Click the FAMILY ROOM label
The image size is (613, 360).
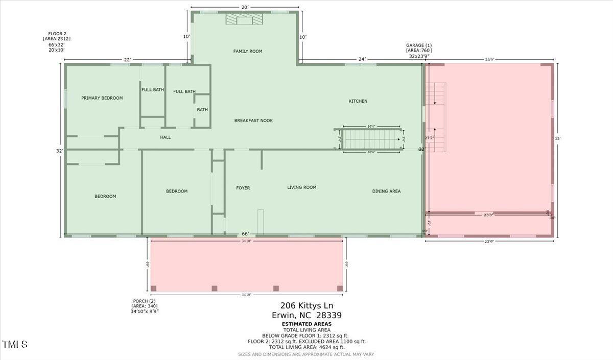click(x=248, y=51)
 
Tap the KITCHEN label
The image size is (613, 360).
click(x=358, y=101)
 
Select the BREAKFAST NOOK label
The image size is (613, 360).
click(x=253, y=121)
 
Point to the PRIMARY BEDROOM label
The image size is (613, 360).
click(x=102, y=98)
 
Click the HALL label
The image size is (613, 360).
click(x=166, y=137)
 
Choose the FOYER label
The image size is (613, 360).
click(x=243, y=188)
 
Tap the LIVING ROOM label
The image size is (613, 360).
click(x=302, y=187)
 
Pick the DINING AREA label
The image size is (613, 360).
click(x=386, y=191)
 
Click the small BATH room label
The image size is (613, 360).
click(x=202, y=110)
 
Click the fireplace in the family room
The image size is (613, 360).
click(x=244, y=18)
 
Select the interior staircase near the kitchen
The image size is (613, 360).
click(x=371, y=138)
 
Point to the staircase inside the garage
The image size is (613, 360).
click(x=436, y=117)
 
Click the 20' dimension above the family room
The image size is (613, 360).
click(x=245, y=7)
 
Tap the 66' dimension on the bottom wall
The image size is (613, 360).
click(x=246, y=234)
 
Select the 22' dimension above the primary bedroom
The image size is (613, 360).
click(x=128, y=60)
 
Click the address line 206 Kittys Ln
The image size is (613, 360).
click(x=306, y=305)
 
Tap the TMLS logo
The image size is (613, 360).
click(x=15, y=345)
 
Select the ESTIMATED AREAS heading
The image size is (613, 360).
click(x=306, y=324)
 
